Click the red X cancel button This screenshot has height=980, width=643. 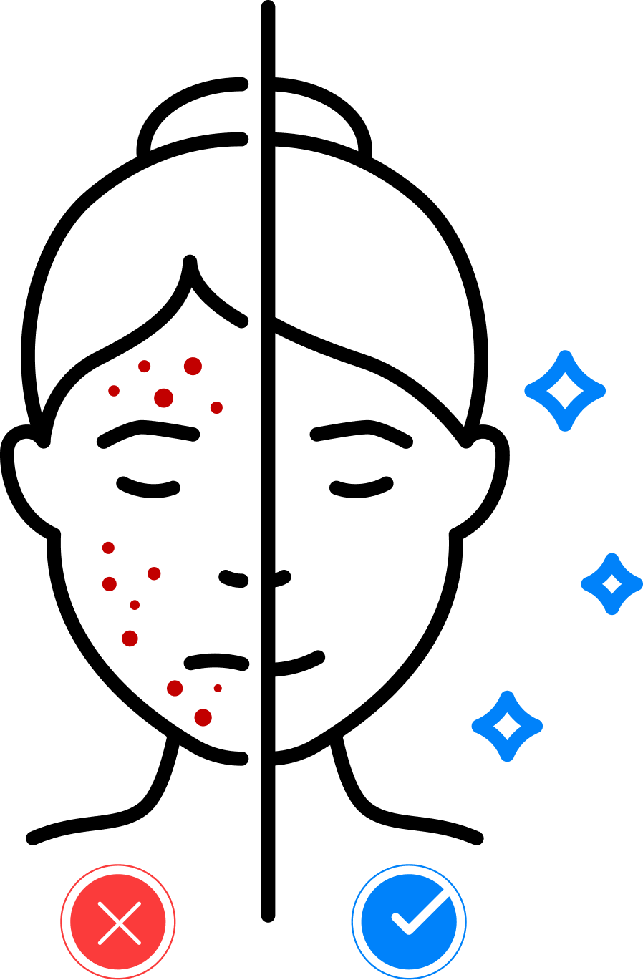(118, 922)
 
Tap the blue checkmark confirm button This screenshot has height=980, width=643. (409, 922)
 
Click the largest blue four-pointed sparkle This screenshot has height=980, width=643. (565, 391)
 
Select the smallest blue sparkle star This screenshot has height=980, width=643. (611, 584)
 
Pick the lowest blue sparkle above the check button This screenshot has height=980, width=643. (507, 726)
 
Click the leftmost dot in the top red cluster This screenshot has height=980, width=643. (114, 391)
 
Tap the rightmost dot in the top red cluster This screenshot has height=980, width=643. (216, 407)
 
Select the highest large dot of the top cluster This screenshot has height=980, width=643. (193, 367)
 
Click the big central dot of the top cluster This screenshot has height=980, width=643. (163, 398)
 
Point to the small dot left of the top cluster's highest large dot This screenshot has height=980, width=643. (145, 367)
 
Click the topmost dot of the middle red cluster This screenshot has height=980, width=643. (108, 548)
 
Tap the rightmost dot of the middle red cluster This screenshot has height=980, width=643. (154, 573)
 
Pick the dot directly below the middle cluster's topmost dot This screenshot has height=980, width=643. (110, 584)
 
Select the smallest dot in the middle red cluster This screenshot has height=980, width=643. (135, 605)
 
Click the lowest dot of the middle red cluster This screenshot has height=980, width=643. (130, 639)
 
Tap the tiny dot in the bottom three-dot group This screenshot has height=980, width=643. (218, 688)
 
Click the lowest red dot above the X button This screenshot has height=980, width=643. (203, 717)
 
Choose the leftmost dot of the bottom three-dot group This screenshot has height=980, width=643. (175, 688)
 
